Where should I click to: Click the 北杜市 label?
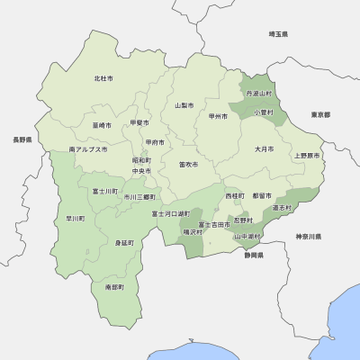point(103,79)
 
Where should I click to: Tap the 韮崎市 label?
point(102,125)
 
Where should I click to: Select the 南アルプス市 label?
point(88,149)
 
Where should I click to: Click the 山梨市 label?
point(184,105)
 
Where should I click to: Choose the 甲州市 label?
point(217,116)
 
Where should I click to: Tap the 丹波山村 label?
point(258,94)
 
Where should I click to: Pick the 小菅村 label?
point(265,112)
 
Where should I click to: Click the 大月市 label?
point(263,148)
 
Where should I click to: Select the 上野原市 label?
point(306,156)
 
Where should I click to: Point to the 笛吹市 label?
point(188,165)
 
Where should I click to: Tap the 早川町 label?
point(76,218)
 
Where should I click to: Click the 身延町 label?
point(124,243)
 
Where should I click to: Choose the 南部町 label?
point(114,287)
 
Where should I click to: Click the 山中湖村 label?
point(247,237)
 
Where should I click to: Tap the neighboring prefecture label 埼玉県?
point(278,34)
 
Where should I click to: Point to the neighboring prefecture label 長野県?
point(22,141)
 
